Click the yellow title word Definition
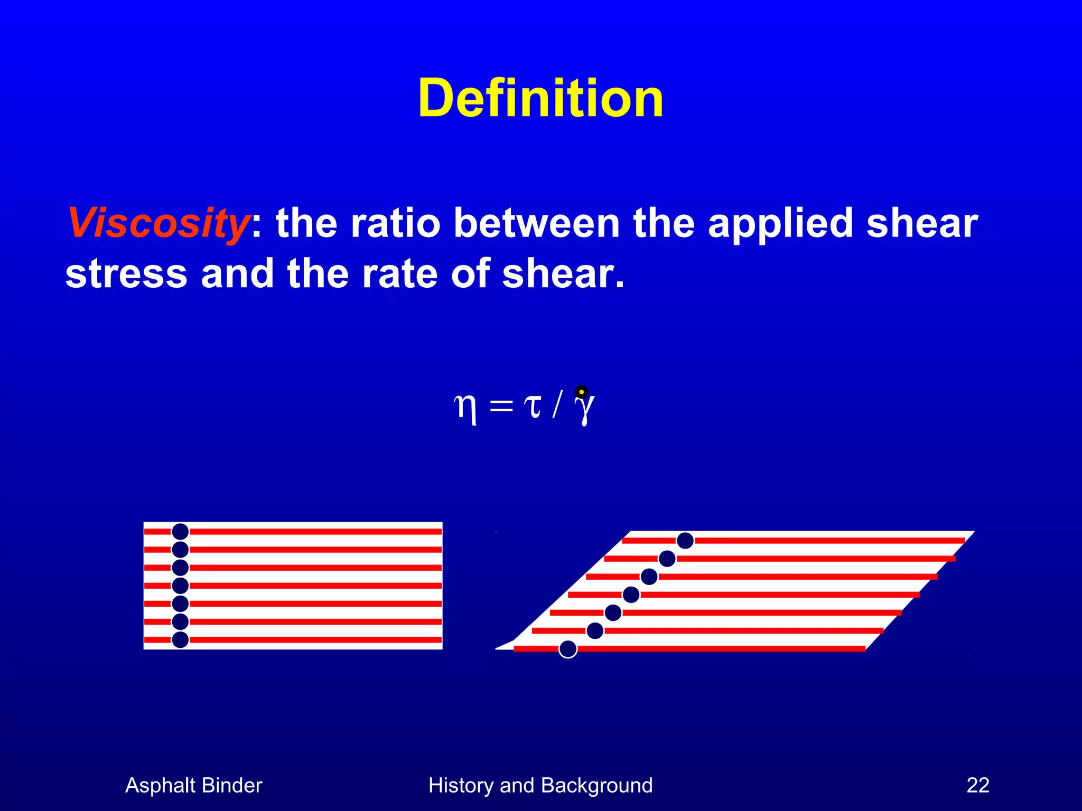click(x=540, y=99)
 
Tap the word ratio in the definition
click(x=395, y=223)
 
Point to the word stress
click(x=126, y=274)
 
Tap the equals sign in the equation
click(x=501, y=407)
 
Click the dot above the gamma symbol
click(x=581, y=392)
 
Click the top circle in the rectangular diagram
click(x=180, y=532)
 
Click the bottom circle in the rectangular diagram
click(x=180, y=639)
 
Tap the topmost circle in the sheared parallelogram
click(x=685, y=541)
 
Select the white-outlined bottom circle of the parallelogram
click(x=568, y=649)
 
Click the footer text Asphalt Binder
click(x=193, y=786)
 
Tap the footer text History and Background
click(x=540, y=786)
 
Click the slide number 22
click(x=977, y=786)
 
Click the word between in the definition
click(x=536, y=223)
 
